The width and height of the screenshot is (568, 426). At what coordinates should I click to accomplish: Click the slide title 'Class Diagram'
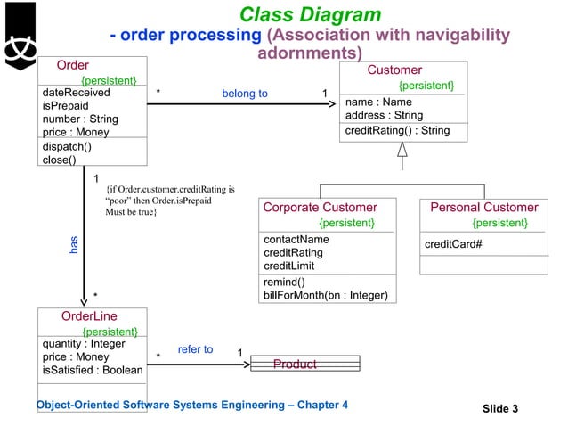tap(310, 15)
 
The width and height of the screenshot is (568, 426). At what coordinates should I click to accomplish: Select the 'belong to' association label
tap(244, 94)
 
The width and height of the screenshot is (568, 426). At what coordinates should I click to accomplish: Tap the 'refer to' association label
tap(195, 349)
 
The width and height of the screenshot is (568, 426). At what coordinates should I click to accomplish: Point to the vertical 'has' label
tap(74, 245)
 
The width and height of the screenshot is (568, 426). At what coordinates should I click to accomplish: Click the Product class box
tap(304, 364)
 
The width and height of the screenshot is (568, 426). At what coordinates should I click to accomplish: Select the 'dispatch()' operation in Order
tap(67, 146)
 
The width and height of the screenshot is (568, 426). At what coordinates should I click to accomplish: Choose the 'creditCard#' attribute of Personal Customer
tap(453, 244)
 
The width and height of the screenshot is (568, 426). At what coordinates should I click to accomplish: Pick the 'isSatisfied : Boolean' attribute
tap(93, 370)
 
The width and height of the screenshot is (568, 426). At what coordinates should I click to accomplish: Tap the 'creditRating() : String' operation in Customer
tap(398, 131)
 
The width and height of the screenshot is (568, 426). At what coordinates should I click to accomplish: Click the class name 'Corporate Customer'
tap(321, 208)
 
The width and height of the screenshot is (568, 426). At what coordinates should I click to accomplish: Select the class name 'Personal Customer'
tap(483, 208)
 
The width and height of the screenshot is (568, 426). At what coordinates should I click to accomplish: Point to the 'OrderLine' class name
tap(89, 315)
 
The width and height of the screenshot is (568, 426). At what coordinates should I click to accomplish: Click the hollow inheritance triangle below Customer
tap(402, 150)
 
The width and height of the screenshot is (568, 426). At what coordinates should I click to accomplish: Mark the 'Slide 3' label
tap(500, 409)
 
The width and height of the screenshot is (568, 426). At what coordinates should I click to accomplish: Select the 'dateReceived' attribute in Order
tap(77, 92)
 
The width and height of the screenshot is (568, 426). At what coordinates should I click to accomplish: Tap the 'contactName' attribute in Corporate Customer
tap(296, 239)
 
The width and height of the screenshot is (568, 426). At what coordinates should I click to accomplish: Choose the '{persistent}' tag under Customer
tap(426, 86)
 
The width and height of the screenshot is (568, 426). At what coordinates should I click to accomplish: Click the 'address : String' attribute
tap(384, 116)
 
